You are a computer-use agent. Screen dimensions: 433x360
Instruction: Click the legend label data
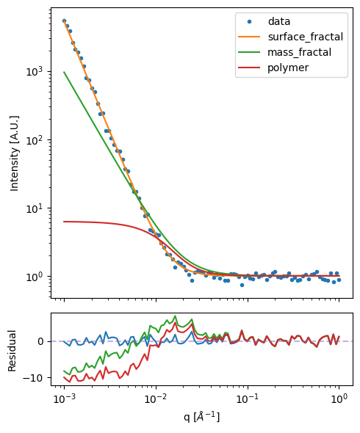[x=279, y=21]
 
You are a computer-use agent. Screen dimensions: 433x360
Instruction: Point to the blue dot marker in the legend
[x=251, y=21]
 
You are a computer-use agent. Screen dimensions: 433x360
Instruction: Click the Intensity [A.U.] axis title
[x=14, y=152]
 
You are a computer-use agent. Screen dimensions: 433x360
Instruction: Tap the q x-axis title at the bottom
[x=201, y=417]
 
